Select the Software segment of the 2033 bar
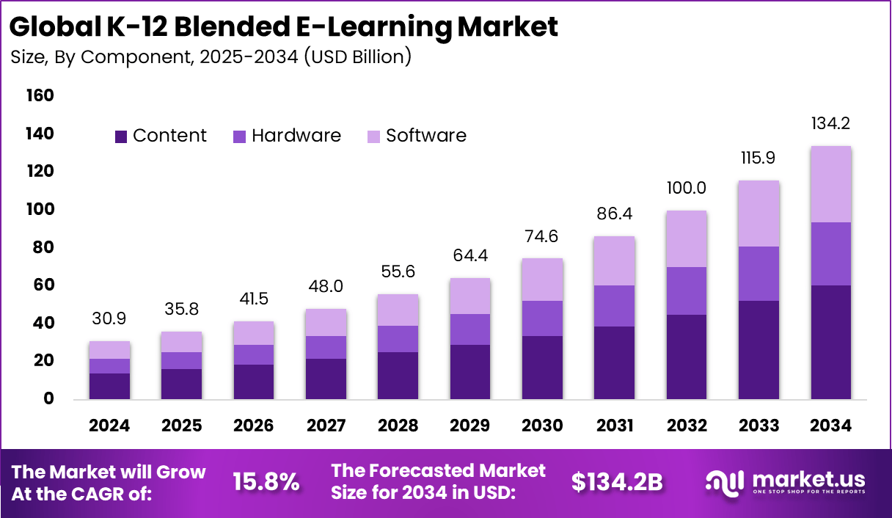(x=758, y=214)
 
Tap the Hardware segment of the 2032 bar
(x=687, y=291)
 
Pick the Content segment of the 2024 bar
(x=110, y=386)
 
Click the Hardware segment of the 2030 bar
(x=543, y=318)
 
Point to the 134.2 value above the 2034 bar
(x=830, y=124)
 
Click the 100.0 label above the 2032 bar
(x=687, y=188)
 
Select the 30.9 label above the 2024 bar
(x=110, y=319)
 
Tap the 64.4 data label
(x=470, y=256)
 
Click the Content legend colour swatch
(x=121, y=136)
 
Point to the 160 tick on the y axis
(x=40, y=95)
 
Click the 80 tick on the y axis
(x=44, y=247)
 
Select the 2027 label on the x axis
(x=326, y=426)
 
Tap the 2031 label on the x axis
(x=615, y=426)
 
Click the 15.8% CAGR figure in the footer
(x=266, y=482)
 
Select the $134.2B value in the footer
(x=617, y=482)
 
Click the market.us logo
(x=786, y=482)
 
